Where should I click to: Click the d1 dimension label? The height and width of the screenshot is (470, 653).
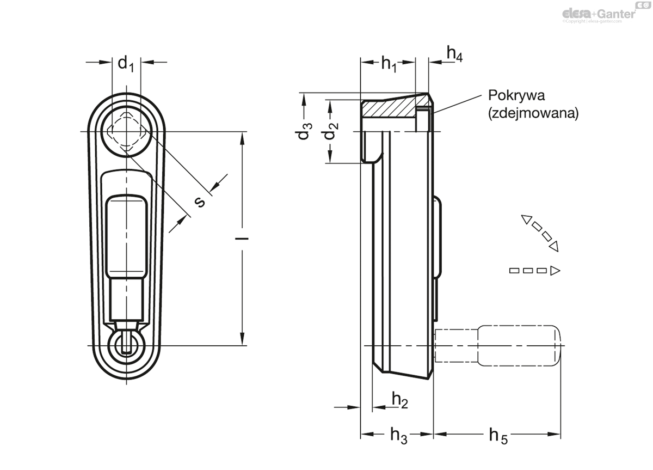click(126, 64)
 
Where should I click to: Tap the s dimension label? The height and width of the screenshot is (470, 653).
click(200, 202)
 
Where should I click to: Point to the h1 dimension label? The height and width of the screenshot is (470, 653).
click(388, 64)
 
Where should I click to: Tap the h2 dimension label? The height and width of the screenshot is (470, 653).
click(400, 401)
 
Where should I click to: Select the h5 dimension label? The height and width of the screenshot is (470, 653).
click(498, 435)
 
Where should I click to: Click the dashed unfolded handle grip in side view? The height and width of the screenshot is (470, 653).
click(520, 345)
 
